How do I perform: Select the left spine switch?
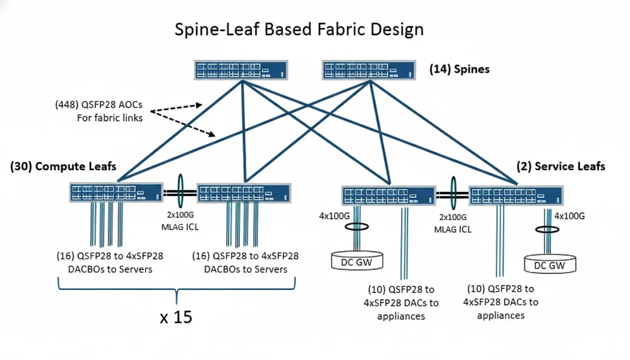point(241,70)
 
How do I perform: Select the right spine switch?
point(369,70)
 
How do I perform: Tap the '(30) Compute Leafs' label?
point(63,166)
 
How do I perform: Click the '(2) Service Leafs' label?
point(561,166)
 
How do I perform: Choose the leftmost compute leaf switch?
point(116,192)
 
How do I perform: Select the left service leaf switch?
point(389,195)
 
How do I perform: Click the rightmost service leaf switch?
point(516,195)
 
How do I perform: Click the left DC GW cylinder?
point(357,261)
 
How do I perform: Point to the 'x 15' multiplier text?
point(176,317)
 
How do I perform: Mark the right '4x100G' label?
point(570,216)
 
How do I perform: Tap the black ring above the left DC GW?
point(356,226)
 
